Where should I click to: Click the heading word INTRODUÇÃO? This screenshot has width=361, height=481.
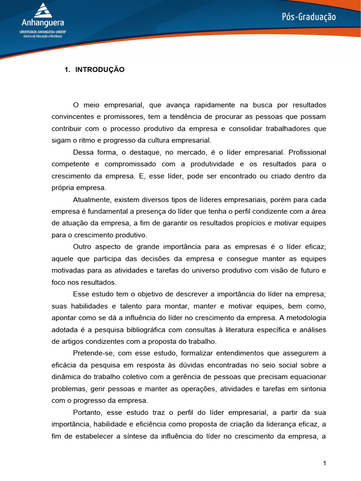(x=100, y=70)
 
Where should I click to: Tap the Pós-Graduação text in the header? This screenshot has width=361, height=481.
(x=309, y=17)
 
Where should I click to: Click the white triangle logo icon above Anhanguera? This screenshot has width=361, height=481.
(x=42, y=10)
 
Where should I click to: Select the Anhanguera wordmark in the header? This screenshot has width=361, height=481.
(x=42, y=23)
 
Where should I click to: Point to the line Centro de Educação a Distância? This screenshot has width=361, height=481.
(x=42, y=36)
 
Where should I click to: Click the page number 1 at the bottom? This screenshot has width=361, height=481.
(x=324, y=464)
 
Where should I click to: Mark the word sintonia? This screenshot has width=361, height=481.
(x=312, y=389)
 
